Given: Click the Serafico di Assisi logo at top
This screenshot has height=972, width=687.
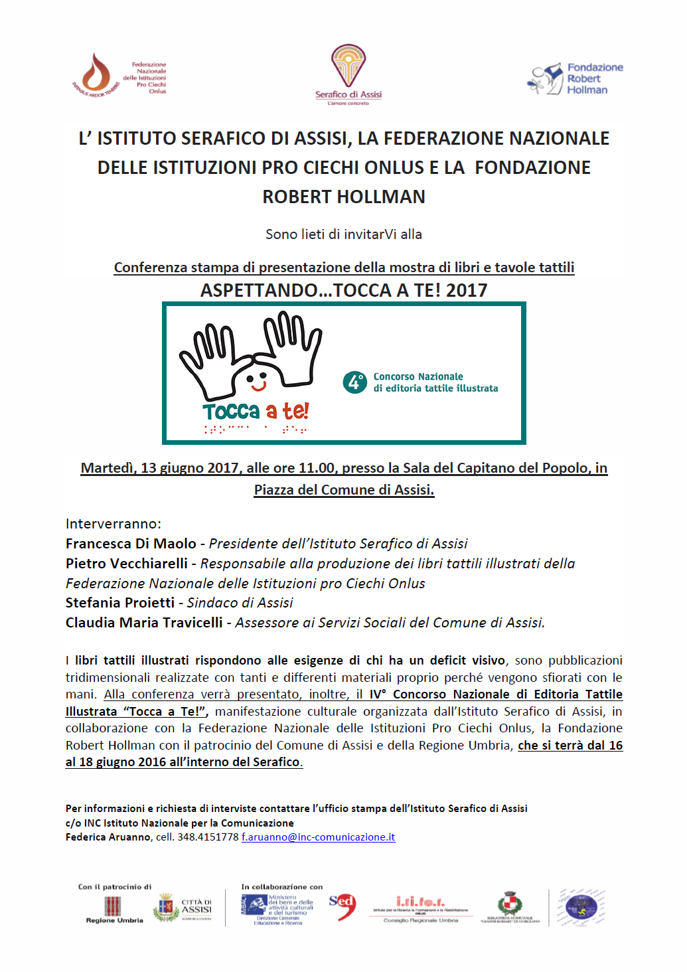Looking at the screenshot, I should click(x=348, y=73).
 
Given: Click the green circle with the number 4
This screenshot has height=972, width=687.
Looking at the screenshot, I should click(x=354, y=382).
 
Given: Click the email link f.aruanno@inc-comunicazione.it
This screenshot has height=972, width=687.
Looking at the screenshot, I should click(x=318, y=837).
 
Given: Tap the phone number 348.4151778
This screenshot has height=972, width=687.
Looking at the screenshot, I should click(x=208, y=837).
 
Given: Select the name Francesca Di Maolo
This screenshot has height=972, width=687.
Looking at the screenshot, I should click(x=131, y=543).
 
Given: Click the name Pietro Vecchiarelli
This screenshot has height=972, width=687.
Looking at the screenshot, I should click(x=127, y=563).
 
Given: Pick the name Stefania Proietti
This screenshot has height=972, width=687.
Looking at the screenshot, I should click(x=120, y=602).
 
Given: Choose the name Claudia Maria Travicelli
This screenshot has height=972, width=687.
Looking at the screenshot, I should click(x=144, y=622).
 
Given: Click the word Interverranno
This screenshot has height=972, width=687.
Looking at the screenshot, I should click(x=113, y=523).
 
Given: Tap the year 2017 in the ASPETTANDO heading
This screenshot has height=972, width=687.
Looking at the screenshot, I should click(x=467, y=290).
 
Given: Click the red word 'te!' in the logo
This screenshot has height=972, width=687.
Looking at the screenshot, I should click(x=295, y=411).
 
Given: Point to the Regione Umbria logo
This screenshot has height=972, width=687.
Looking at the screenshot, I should click(x=114, y=908).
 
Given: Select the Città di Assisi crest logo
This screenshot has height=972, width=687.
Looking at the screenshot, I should click(x=166, y=907).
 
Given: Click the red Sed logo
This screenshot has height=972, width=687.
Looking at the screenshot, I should click(x=343, y=906).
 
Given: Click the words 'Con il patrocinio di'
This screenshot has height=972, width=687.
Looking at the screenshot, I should click(x=115, y=886).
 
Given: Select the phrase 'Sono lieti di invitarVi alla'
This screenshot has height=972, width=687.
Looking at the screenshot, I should click(x=344, y=234).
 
